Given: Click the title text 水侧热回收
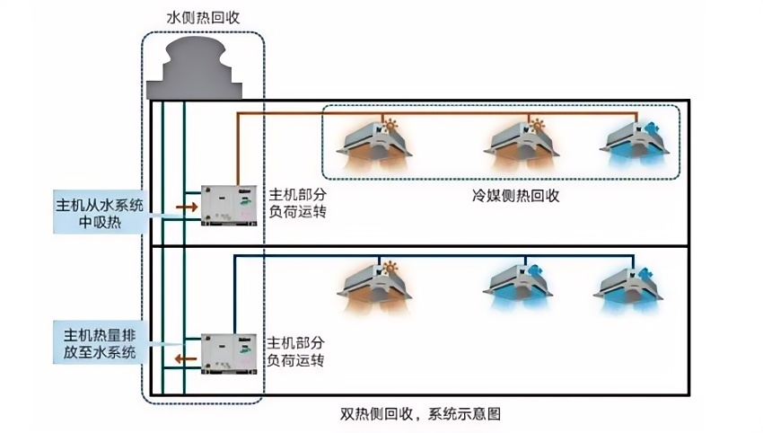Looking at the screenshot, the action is (203, 18).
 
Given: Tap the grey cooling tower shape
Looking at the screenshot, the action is (195, 67).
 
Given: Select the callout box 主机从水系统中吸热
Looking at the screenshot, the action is (100, 212).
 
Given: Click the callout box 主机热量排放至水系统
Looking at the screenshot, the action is (100, 342).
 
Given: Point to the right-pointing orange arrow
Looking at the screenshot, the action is (187, 208).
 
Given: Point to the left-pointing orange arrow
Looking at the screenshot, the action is (186, 359).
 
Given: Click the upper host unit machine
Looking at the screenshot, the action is (229, 205).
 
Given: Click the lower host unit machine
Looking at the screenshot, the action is (229, 354).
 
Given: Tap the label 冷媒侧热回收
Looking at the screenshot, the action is (516, 195).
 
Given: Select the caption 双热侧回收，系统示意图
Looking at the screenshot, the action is (420, 414).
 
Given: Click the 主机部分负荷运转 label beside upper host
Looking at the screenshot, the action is (297, 203).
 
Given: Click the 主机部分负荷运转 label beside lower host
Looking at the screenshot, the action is (295, 351).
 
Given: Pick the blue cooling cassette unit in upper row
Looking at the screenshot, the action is (634, 144).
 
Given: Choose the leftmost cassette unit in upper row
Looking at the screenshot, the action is (374, 145).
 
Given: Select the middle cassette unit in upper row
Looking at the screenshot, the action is (522, 145).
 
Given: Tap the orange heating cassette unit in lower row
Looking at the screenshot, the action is (374, 287).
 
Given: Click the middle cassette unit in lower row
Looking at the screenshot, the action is (518, 287).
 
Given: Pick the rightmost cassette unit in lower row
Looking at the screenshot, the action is (628, 287).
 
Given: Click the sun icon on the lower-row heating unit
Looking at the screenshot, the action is (390, 269).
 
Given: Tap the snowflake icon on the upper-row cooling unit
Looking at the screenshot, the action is (652, 128).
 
